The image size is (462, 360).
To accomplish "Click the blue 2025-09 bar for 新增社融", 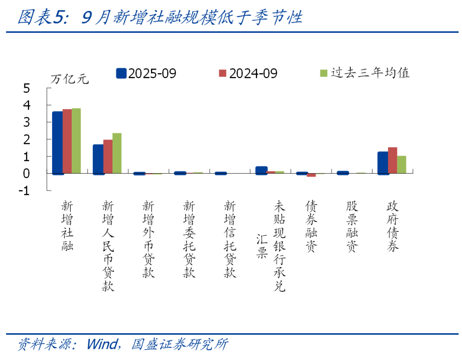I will click(58, 142).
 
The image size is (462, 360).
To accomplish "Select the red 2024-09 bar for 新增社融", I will click(67, 141).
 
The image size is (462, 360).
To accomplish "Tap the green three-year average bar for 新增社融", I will click(76, 141).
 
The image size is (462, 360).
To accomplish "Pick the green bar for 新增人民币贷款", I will click(117, 153).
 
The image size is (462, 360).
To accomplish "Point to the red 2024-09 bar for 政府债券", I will click(392, 160).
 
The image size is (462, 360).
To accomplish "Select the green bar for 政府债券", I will click(401, 165).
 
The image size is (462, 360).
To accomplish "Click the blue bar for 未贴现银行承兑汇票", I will click(261, 170).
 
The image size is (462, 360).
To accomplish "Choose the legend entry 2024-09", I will click(248, 74).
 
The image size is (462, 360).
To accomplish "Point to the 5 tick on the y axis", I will click(27, 88).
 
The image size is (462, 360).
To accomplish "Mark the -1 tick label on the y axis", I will click(24, 191).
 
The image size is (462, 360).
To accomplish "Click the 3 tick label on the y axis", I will click(27, 122).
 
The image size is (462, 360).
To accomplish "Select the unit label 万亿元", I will click(69, 79).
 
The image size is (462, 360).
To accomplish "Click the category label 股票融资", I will click(352, 226).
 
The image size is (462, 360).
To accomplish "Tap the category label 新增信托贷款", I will click(230, 239).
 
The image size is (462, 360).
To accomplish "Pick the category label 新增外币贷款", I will click(148, 239).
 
